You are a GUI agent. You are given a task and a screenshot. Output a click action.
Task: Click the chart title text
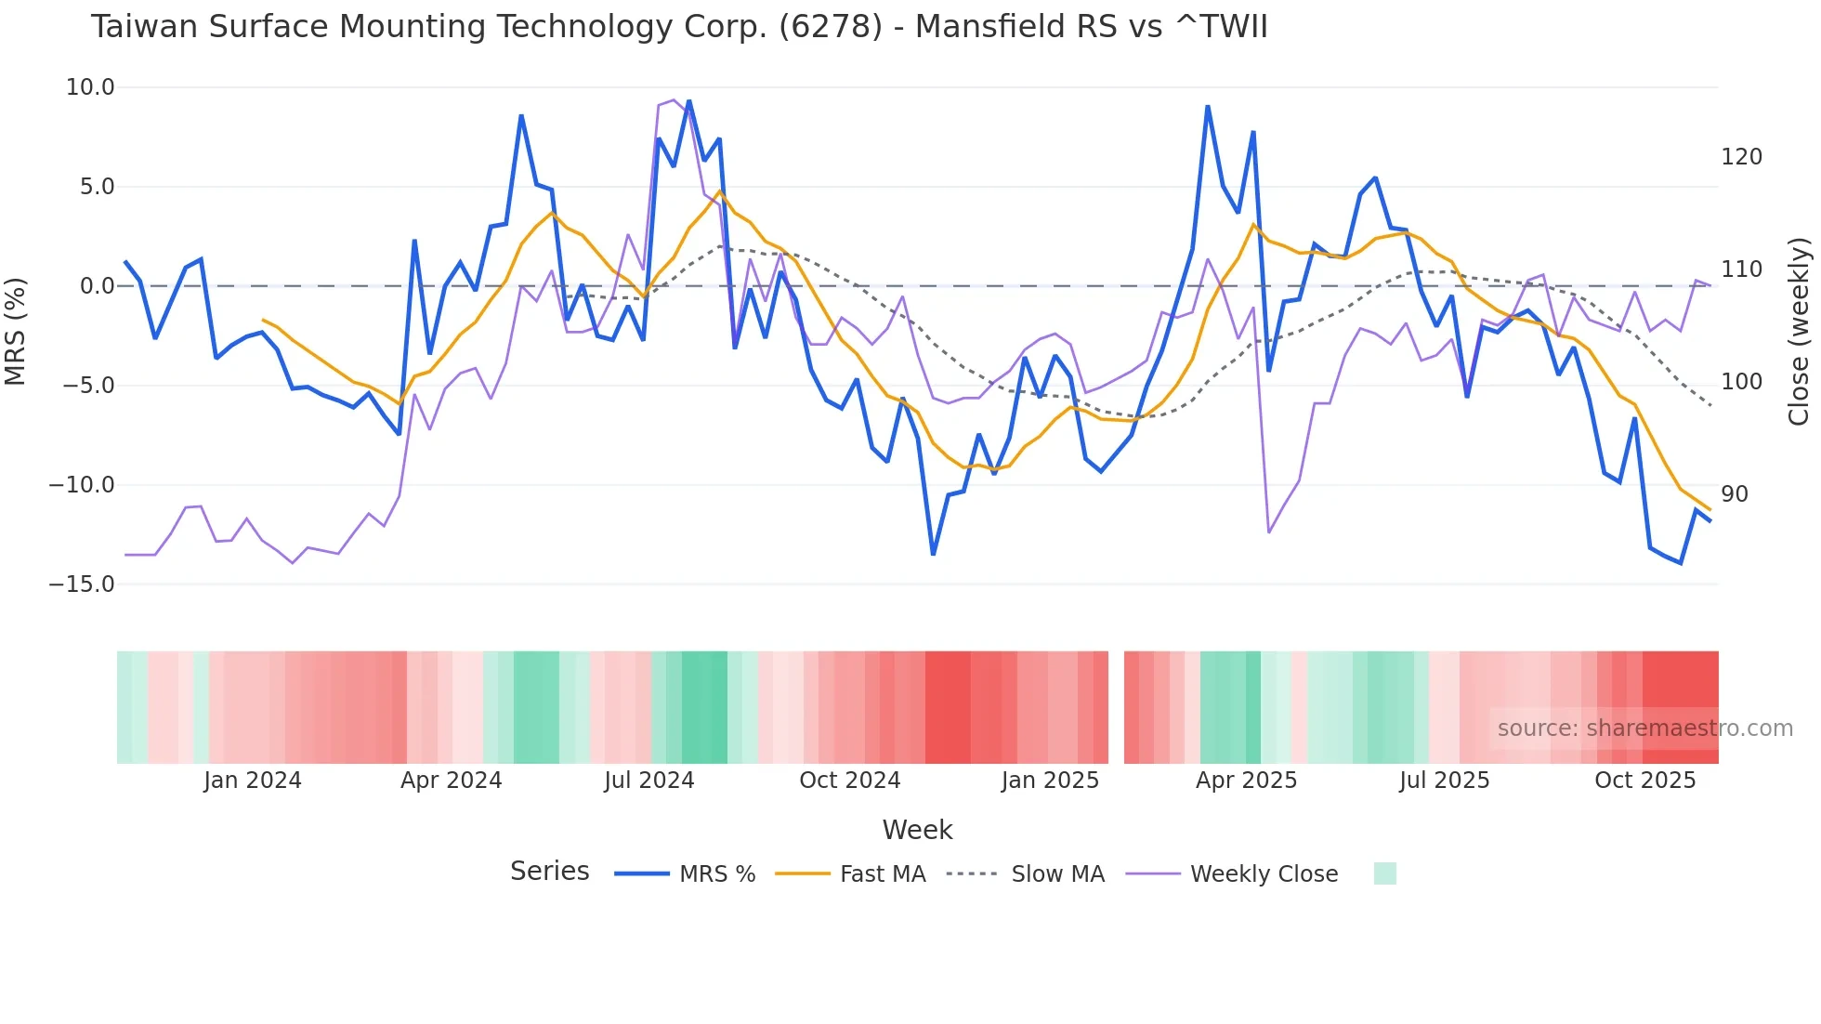[678, 27]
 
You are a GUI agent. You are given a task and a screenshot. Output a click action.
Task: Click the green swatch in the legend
[1384, 873]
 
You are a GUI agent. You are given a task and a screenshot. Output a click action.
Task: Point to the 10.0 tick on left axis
[90, 87]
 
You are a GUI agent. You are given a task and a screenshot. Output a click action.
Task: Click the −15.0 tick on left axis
[82, 584]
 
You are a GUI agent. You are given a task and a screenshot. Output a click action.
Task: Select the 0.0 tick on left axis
[97, 286]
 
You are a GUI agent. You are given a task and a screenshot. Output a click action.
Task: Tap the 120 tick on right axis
[1741, 157]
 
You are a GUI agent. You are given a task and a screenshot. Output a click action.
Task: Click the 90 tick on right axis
[1735, 494]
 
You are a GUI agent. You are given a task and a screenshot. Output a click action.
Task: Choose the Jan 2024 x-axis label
[253, 781]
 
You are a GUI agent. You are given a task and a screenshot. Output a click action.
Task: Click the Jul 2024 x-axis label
[649, 781]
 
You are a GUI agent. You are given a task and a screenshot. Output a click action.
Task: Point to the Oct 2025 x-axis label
[1644, 781]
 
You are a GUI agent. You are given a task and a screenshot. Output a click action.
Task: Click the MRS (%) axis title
[16, 331]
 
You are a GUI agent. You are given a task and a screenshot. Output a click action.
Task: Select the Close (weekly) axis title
[1799, 331]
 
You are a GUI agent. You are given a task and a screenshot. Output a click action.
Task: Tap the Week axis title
[917, 830]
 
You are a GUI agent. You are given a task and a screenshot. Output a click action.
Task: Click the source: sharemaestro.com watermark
[1644, 729]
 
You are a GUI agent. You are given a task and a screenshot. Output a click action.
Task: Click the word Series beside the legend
[549, 872]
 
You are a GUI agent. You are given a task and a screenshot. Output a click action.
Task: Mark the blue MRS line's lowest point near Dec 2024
[933, 555]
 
